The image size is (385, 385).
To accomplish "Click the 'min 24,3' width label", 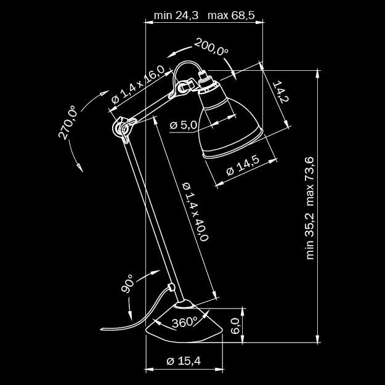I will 176,15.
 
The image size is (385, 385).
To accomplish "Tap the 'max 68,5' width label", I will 231,15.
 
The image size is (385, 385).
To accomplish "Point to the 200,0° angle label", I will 211,47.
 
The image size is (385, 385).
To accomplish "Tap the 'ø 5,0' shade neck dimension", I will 183,125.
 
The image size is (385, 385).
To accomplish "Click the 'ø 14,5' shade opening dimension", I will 243,166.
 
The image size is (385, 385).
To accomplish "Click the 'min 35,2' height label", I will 310,236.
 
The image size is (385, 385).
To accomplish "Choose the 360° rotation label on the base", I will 184,322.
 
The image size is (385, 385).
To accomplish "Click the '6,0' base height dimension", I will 234,325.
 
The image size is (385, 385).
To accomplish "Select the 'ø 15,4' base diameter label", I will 184,361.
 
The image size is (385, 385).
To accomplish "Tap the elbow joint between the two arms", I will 122,127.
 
